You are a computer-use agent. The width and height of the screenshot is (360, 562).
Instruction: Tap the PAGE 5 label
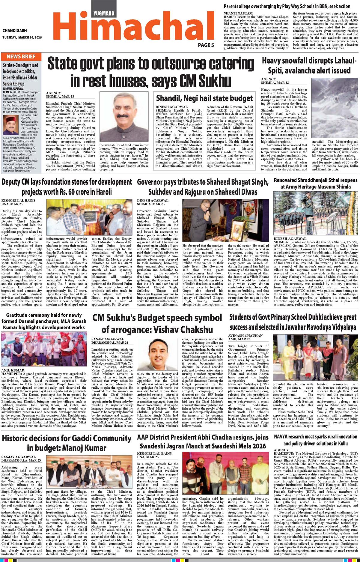coord(206,45)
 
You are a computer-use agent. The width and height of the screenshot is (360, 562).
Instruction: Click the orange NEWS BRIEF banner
coord(21,57)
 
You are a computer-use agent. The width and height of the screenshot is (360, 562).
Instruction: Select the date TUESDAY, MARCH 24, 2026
coord(22,37)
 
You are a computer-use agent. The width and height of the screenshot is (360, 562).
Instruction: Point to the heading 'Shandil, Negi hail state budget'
coord(204,98)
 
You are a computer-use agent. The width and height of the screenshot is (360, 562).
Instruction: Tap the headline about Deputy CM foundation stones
coord(67,187)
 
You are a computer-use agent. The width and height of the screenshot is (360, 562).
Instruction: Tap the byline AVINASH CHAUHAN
coord(245,336)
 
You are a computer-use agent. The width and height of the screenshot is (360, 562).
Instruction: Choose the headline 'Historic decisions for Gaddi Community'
coord(67,443)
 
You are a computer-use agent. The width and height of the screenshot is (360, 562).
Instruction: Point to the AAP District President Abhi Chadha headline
coord(203,441)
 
